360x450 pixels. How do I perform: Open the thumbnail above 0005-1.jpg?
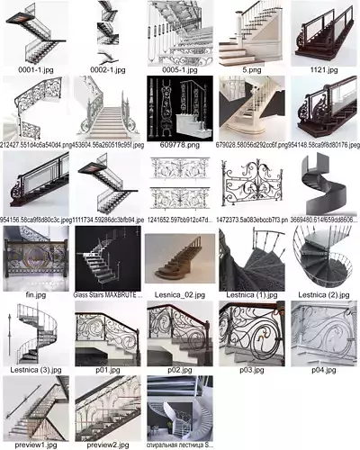click(x=179, y=31)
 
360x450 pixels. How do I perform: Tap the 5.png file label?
click(x=251, y=68)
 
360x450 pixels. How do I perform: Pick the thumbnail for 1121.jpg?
click(x=323, y=31)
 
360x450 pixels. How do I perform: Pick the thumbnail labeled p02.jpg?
click(x=179, y=333)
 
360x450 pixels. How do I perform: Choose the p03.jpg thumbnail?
click(x=251, y=333)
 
